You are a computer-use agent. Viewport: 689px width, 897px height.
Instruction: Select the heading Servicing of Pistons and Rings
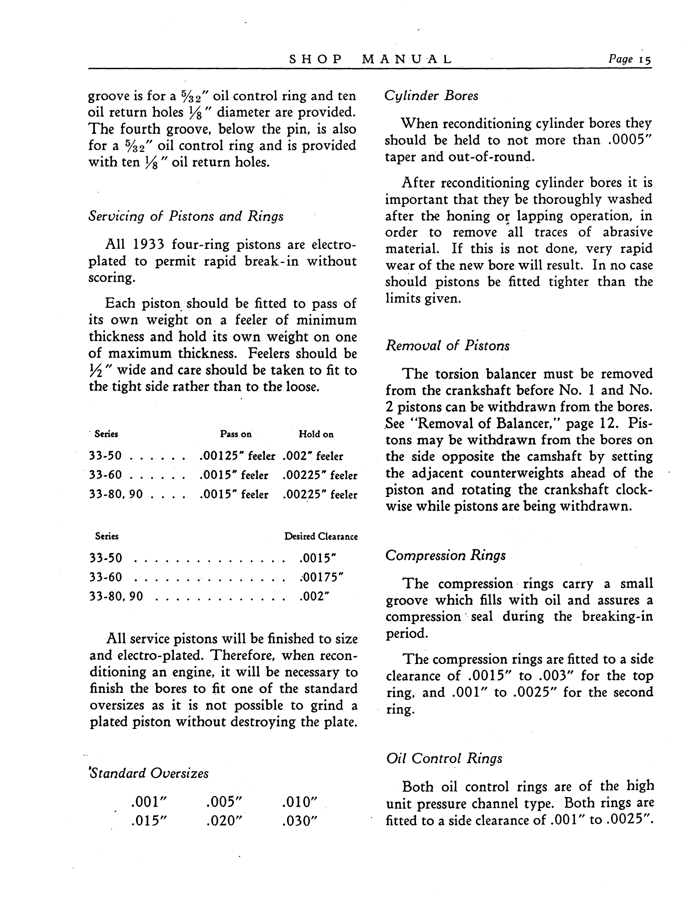coord(186,216)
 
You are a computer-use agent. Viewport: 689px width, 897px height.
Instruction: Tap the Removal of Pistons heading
coord(447,346)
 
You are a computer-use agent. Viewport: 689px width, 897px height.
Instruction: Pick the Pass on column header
coord(236,434)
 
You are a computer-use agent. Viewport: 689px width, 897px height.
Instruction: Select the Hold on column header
coord(316,434)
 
